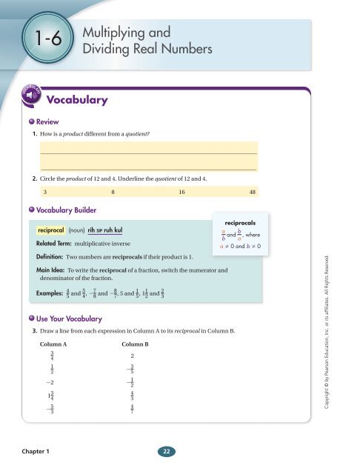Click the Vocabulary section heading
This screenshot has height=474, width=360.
[78, 99]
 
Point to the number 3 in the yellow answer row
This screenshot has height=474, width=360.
[45, 191]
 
